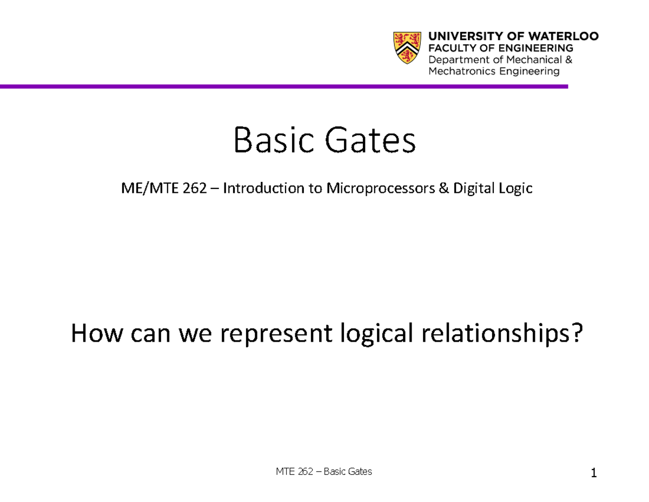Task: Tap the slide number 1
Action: [x=594, y=474]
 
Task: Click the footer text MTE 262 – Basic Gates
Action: [x=324, y=472]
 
